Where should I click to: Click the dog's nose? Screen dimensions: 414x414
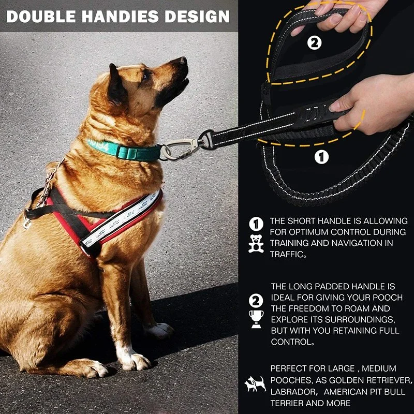point(183,61)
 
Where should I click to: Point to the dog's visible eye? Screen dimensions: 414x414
point(145,76)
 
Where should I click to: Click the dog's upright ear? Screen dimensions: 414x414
point(116,84)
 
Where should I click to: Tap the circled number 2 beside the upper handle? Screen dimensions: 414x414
point(314,43)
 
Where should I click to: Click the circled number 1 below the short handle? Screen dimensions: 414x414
point(321,157)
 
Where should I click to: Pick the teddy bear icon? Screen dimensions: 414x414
point(256,243)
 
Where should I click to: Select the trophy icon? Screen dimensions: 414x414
point(256,319)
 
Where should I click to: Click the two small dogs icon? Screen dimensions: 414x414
point(255,384)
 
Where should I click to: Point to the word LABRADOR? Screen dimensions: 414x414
point(293,392)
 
